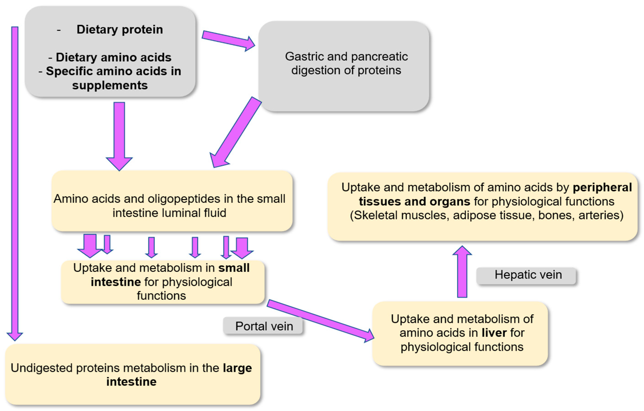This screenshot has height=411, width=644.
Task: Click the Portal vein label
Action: (264, 326)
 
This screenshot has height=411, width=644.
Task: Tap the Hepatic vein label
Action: (528, 275)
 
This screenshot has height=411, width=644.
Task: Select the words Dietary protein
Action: (120, 29)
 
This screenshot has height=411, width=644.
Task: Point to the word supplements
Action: (110, 85)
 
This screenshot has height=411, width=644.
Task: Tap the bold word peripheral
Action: (602, 187)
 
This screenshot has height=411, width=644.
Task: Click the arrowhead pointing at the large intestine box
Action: (15, 336)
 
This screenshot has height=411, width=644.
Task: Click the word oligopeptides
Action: (184, 199)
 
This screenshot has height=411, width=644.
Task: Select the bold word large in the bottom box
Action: (237, 368)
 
